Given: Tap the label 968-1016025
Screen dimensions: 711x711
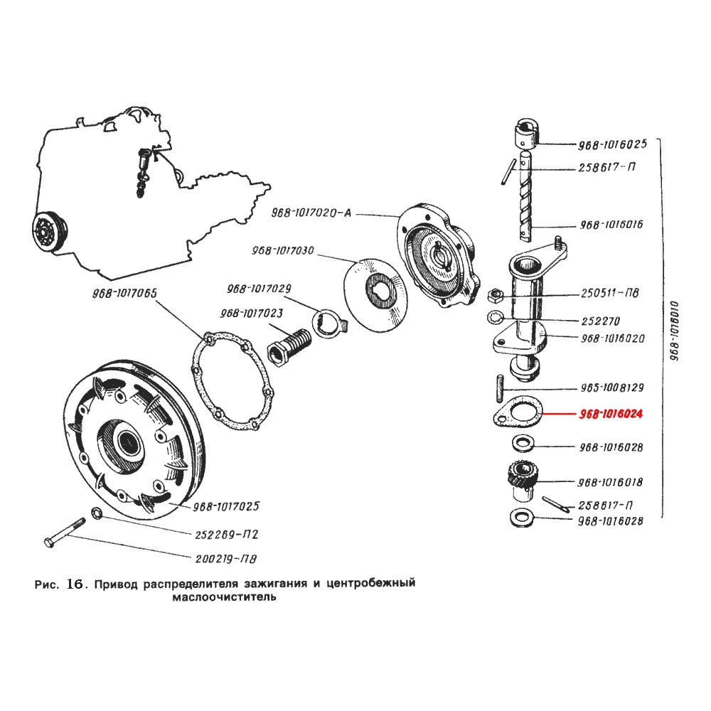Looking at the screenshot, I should point(612,144).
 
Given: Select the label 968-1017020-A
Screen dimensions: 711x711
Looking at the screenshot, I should point(311,213).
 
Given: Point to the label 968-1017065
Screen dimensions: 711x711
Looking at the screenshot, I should point(124,293).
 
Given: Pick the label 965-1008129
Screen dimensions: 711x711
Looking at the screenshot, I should point(612,387).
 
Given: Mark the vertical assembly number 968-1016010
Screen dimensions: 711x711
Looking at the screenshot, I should point(675,331).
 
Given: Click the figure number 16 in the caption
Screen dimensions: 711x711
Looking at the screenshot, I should point(75,584).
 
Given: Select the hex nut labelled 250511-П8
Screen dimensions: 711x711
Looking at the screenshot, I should point(497,294).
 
